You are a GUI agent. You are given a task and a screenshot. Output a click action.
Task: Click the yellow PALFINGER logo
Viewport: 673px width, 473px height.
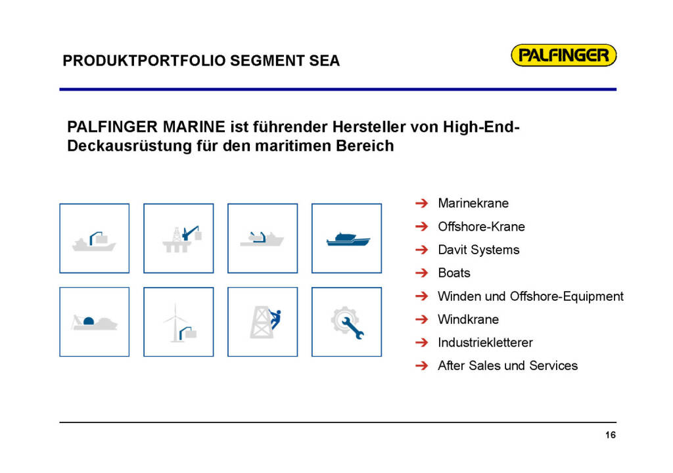coord(563,55)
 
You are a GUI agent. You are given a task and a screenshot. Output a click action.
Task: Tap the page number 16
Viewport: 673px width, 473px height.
coord(611,435)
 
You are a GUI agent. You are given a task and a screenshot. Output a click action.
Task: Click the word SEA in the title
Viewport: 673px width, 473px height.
coord(325,60)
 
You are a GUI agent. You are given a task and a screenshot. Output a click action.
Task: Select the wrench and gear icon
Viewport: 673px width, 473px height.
coord(347,323)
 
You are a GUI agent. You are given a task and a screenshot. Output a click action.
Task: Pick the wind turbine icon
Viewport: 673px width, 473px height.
coord(179,323)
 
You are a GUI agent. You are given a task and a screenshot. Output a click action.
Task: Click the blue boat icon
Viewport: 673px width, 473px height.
coord(348,239)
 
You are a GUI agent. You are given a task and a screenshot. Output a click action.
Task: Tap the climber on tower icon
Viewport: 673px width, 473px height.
coord(265,322)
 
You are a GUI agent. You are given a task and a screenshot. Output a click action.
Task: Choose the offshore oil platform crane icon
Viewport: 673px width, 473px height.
coord(182,238)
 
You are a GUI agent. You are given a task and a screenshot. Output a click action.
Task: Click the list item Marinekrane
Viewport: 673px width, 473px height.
coord(473,203)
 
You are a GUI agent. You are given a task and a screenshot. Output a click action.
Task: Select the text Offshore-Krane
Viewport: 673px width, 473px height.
coord(481,226)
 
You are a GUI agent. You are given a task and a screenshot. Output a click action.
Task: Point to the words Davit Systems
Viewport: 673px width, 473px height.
coord(478,250)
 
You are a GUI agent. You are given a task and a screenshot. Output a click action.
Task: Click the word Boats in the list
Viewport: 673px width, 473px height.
coord(454,273)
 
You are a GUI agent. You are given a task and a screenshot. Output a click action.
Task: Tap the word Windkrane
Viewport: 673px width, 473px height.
coord(468,319)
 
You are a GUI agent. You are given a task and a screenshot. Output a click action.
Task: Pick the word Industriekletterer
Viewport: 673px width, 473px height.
coord(485,342)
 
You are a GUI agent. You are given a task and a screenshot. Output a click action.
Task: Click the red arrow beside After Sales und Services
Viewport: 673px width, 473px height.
coord(422,366)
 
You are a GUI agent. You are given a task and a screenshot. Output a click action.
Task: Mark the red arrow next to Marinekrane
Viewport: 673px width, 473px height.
coord(422,203)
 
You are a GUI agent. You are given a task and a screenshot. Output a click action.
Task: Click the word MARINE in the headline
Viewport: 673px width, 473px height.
coord(194,127)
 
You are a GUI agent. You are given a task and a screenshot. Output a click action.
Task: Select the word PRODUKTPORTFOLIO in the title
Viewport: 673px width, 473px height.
coord(144,60)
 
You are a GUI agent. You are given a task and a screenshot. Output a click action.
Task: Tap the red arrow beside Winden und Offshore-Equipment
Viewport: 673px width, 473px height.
coord(422,296)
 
